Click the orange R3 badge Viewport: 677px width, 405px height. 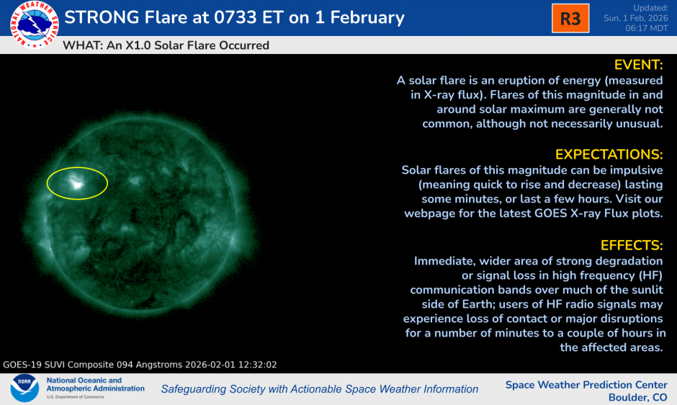[x=570, y=18]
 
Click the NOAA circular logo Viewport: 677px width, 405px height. [x=24, y=388]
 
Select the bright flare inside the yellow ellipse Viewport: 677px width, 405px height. [x=76, y=184]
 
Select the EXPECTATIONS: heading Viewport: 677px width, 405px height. [x=609, y=154]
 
